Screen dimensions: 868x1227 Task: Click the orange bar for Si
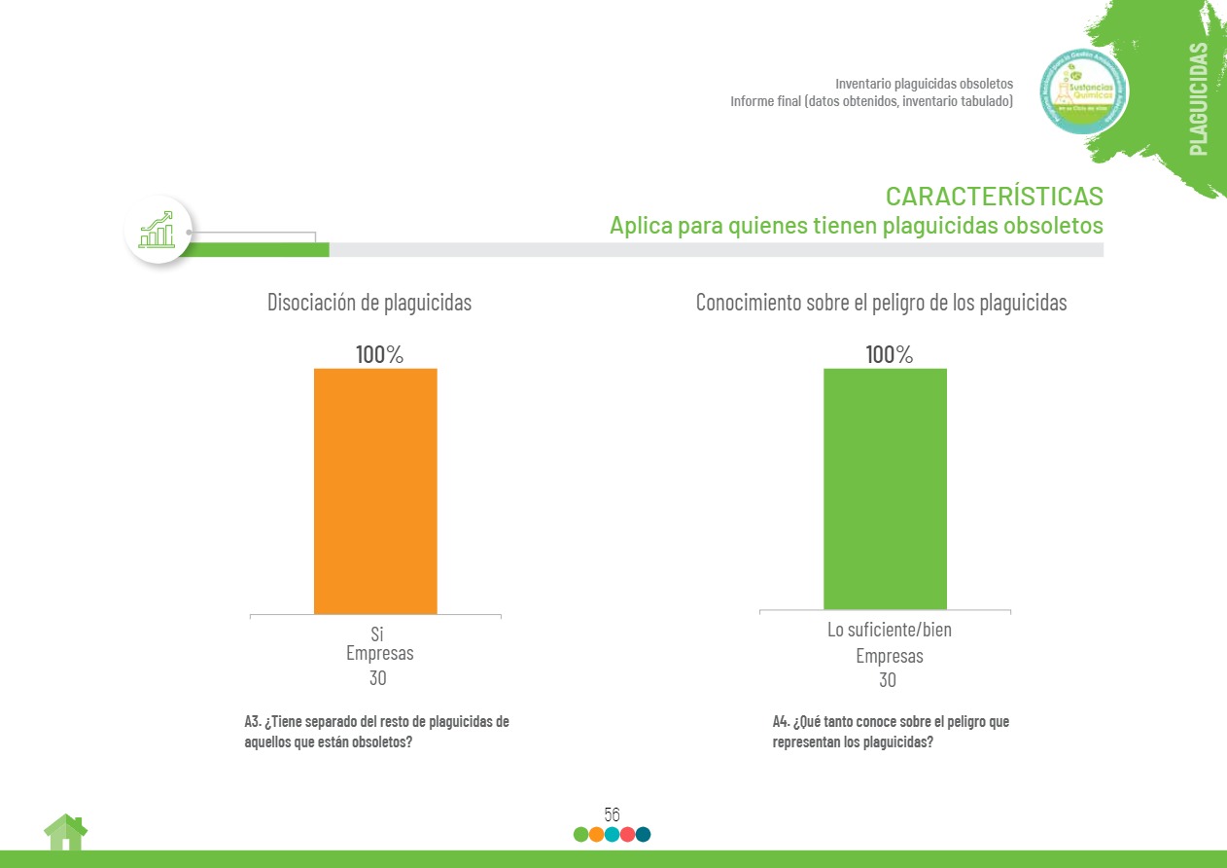[375, 490]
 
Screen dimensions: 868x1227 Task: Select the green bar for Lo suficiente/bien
[885, 488]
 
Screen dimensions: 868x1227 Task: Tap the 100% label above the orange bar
[379, 355]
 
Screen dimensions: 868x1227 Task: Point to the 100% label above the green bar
[889, 355]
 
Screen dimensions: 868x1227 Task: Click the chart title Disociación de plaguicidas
[369, 303]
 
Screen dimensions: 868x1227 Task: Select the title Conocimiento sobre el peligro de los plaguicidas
[881, 303]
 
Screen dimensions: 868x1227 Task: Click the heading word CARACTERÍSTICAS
[994, 196]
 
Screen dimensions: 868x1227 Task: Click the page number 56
[612, 814]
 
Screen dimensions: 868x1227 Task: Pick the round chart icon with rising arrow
[158, 231]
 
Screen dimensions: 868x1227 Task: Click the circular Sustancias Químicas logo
[1084, 93]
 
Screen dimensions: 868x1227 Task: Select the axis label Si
[377, 634]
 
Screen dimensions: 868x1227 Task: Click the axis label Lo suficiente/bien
[889, 630]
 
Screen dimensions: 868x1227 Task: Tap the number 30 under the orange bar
[377, 677]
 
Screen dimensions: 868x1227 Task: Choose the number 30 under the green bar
[888, 679]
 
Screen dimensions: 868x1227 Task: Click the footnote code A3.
[252, 722]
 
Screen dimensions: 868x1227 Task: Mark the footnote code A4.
[781, 722]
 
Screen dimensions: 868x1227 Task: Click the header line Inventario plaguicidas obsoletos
[924, 84]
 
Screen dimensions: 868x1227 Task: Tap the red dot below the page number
[627, 834]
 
